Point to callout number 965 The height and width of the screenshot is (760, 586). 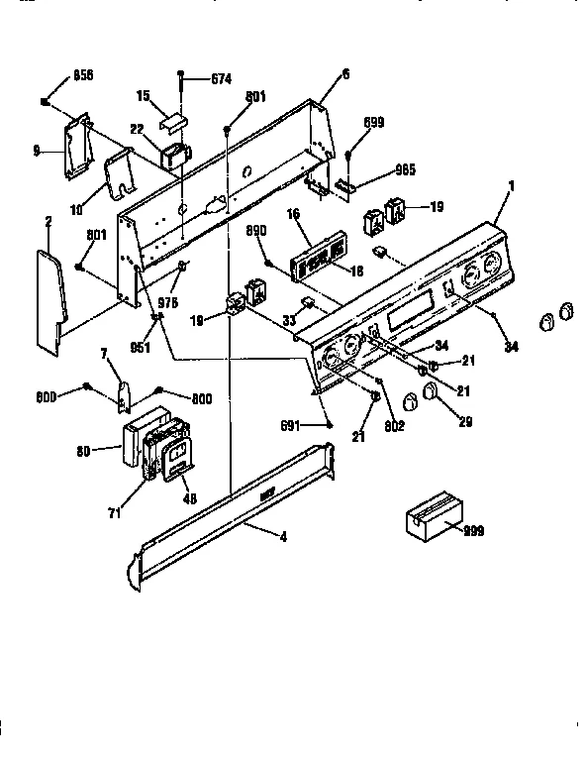point(377,170)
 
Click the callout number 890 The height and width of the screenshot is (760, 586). point(257,230)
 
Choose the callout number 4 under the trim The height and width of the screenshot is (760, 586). point(283,538)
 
